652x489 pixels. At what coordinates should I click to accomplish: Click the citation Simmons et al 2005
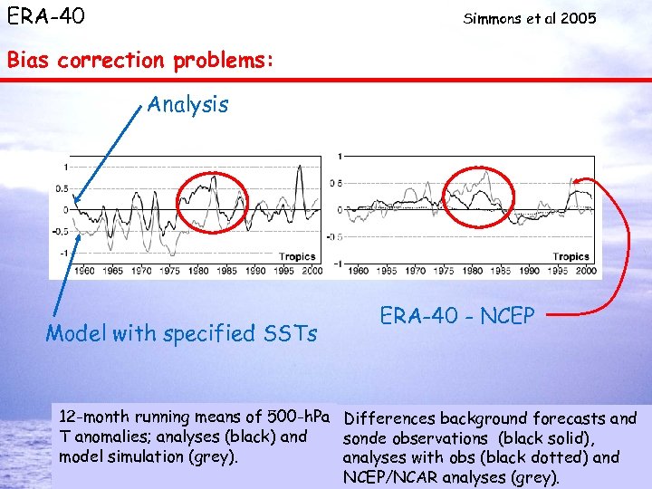click(x=530, y=18)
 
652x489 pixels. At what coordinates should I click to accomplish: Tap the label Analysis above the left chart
click(x=188, y=104)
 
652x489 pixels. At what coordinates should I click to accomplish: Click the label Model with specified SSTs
click(x=181, y=333)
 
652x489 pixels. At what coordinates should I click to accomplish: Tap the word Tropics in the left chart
click(x=297, y=257)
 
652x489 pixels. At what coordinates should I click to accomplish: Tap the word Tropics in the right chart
click(x=570, y=257)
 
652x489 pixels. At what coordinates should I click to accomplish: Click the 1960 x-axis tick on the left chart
click(x=83, y=271)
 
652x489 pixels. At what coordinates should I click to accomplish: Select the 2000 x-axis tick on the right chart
click(x=585, y=271)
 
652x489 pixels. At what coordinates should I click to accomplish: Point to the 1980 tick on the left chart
click(x=197, y=271)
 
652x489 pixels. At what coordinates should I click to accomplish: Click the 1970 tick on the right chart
click(x=415, y=271)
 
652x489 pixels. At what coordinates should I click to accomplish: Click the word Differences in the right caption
click(x=388, y=418)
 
